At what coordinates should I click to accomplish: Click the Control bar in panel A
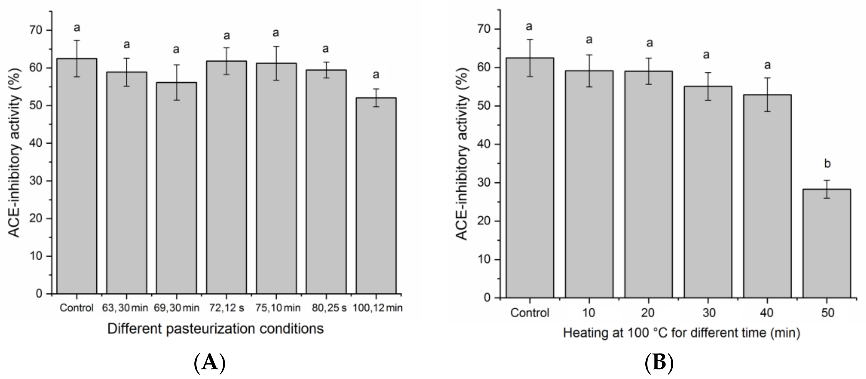(x=77, y=175)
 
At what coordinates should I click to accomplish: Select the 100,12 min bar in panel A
(x=376, y=195)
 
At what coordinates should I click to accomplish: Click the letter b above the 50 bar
(x=827, y=164)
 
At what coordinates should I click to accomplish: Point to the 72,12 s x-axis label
(x=226, y=308)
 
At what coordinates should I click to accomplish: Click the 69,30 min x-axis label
(x=176, y=308)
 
